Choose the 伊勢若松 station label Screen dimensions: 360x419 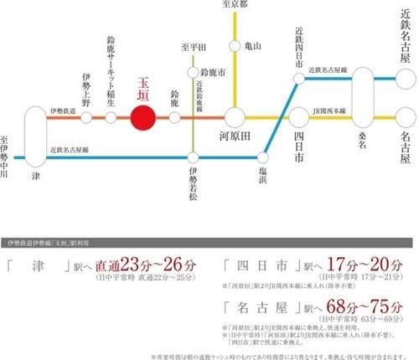coord(194,184)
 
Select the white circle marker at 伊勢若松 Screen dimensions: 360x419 coord(194,157)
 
